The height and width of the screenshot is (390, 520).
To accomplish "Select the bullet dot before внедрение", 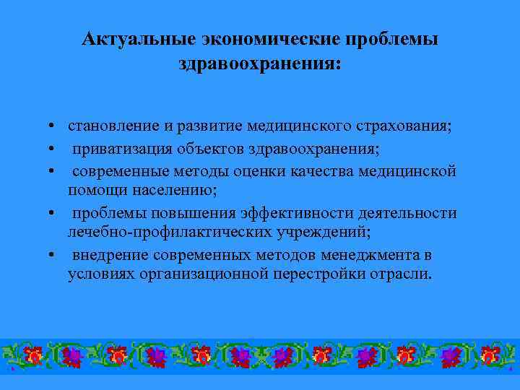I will pos(54,256).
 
